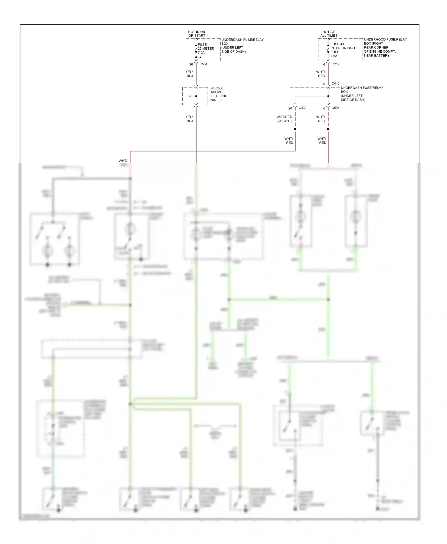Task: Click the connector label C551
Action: click(x=203, y=64)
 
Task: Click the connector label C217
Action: click(x=335, y=64)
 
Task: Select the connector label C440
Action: click(x=335, y=83)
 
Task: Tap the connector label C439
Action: click(x=302, y=108)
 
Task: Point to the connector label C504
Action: click(x=335, y=108)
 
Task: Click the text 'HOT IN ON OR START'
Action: click(x=197, y=34)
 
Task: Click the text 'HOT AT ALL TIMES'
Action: click(x=329, y=34)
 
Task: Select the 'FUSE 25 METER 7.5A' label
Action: click(x=206, y=49)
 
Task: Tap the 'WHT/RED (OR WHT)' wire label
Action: click(x=284, y=119)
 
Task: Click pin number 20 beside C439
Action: click(x=290, y=108)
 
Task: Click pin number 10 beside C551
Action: click(x=191, y=64)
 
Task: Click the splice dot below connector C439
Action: click(x=295, y=129)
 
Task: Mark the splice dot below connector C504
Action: click(x=328, y=129)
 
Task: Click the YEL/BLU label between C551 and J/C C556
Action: click(x=190, y=74)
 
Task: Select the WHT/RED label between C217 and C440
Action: click(x=321, y=74)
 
